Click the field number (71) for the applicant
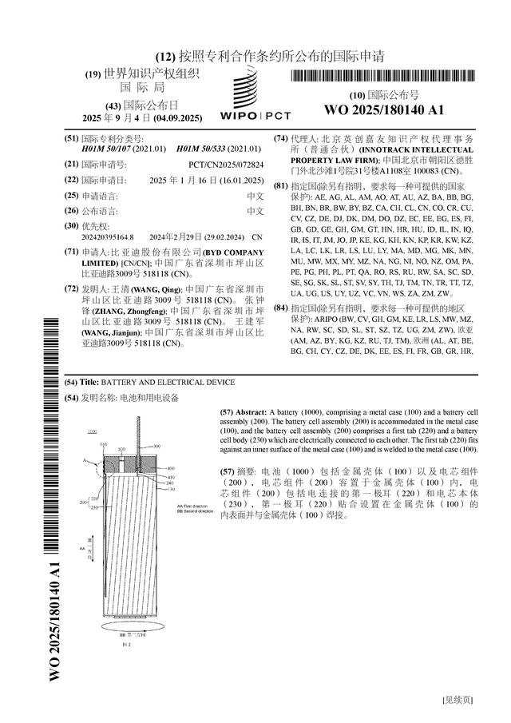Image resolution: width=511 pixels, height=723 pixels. coord(71,251)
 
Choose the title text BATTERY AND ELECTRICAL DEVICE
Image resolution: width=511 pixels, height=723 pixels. coord(168,383)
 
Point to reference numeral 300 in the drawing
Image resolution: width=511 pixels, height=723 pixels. coord(156,446)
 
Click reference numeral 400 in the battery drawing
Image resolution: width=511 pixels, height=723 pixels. coord(169,467)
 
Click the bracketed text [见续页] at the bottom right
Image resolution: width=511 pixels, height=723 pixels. coord(458,701)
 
